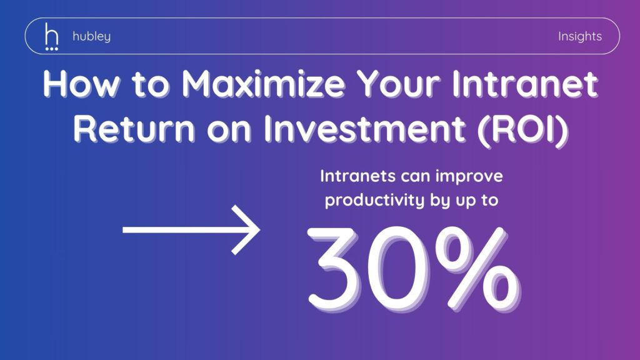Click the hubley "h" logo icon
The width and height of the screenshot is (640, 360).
pos(51,37)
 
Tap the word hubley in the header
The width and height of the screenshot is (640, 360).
pos(91,37)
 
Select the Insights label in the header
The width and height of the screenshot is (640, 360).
pos(579,37)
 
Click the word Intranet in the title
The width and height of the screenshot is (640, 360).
pos(525,84)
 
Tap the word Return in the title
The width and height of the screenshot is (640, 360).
pos(134,129)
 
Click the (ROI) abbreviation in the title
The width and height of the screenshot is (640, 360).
pos(523,129)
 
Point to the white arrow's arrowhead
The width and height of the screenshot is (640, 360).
pos(246,230)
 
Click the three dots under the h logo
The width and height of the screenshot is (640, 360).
pos(51,49)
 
